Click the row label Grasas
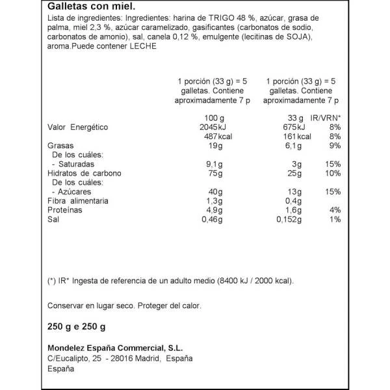(x=61, y=146)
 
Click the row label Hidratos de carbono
(x=85, y=174)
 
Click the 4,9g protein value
(x=213, y=211)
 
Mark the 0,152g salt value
(x=288, y=220)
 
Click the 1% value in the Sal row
(x=335, y=220)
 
